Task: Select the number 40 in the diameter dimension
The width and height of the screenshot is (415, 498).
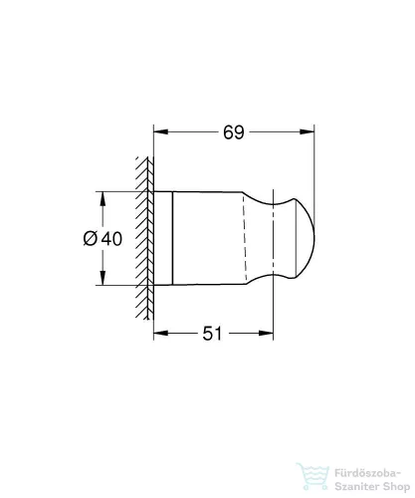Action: point(112,239)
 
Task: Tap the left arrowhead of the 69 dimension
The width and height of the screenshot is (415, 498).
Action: point(158,129)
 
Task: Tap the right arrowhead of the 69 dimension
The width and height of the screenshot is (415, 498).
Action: point(309,129)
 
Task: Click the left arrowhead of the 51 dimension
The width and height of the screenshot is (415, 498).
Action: point(158,334)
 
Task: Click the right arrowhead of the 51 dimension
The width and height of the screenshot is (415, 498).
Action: point(267,334)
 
